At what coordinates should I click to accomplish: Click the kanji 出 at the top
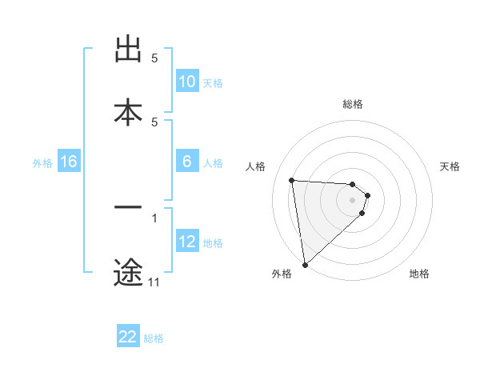click(x=128, y=50)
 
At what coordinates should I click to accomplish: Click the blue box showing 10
click(x=187, y=82)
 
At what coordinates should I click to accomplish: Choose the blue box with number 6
click(x=187, y=162)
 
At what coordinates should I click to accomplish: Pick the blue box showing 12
click(x=187, y=242)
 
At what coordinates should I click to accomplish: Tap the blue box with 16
click(x=69, y=162)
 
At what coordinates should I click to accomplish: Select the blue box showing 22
click(x=128, y=337)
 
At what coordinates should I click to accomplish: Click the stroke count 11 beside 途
click(x=154, y=282)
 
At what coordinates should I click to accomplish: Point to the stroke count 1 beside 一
click(x=154, y=218)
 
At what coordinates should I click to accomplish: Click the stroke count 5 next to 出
click(x=154, y=58)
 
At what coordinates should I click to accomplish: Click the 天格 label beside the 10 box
click(x=213, y=82)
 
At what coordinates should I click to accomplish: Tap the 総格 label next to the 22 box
click(x=154, y=338)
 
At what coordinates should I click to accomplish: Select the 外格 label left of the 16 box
click(x=42, y=162)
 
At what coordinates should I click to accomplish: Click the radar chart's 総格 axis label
click(x=353, y=104)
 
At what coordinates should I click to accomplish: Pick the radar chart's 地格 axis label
click(x=419, y=274)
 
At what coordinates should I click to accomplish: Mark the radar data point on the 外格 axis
click(x=304, y=264)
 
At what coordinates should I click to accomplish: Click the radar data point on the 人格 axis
click(x=292, y=180)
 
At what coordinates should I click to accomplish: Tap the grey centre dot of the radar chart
click(x=353, y=199)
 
